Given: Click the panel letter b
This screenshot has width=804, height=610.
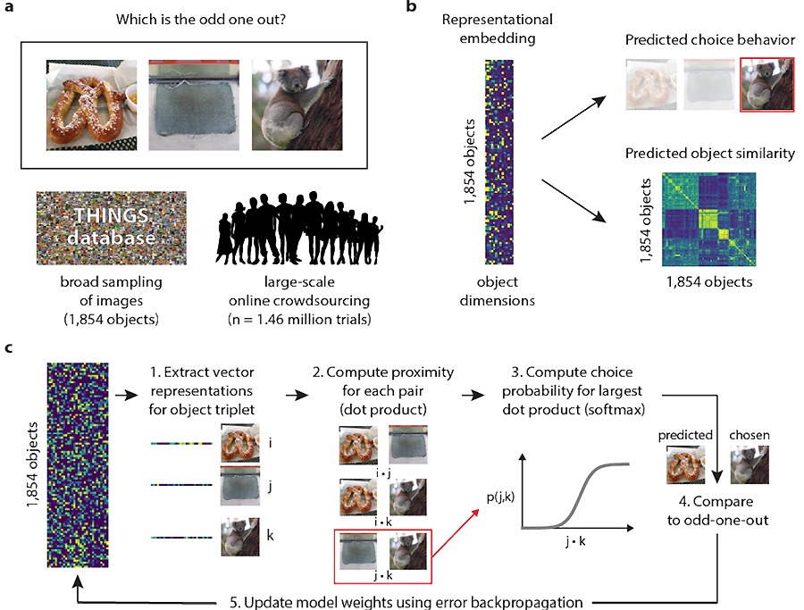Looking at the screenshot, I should tap(411, 8).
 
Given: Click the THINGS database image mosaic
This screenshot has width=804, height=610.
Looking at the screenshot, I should tap(112, 227).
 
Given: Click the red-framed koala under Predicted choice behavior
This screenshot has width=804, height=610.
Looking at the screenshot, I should tap(766, 86).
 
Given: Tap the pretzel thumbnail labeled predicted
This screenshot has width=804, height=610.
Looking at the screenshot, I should tap(680, 464).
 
